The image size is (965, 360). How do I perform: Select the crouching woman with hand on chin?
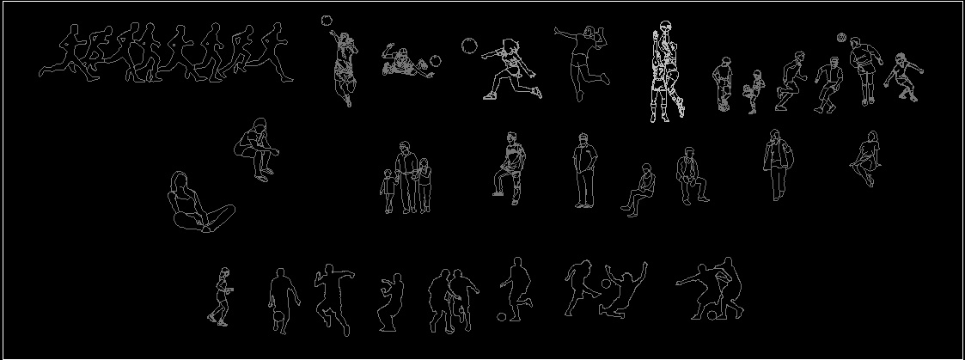pyautogui.click(x=255, y=153)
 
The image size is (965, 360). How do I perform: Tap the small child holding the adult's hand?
pyautogui.click(x=389, y=191)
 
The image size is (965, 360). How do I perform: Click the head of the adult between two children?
pyautogui.click(x=405, y=146)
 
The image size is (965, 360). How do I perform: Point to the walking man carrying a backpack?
pyautogui.click(x=778, y=163)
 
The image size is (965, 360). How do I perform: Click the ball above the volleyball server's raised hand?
pyautogui.click(x=327, y=20)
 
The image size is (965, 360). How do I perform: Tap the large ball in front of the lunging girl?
pyautogui.click(x=469, y=45)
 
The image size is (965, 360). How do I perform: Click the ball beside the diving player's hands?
pyautogui.click(x=436, y=61)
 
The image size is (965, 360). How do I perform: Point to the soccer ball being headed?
pyautogui.click(x=841, y=38)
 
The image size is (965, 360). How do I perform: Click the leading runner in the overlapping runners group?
pyautogui.click(x=275, y=53)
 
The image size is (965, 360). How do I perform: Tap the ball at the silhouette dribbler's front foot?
pyautogui.click(x=502, y=316)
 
